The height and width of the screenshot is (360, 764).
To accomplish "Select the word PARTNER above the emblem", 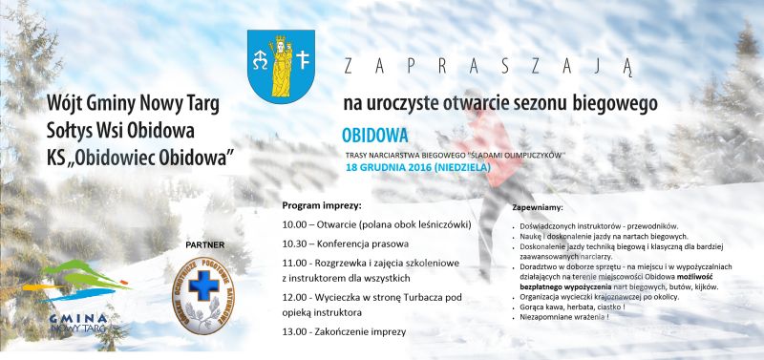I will [x=201, y=244].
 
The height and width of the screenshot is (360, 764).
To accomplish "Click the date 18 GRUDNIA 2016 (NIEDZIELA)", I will [x=418, y=167].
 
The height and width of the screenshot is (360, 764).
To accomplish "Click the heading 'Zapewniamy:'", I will [x=538, y=207].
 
